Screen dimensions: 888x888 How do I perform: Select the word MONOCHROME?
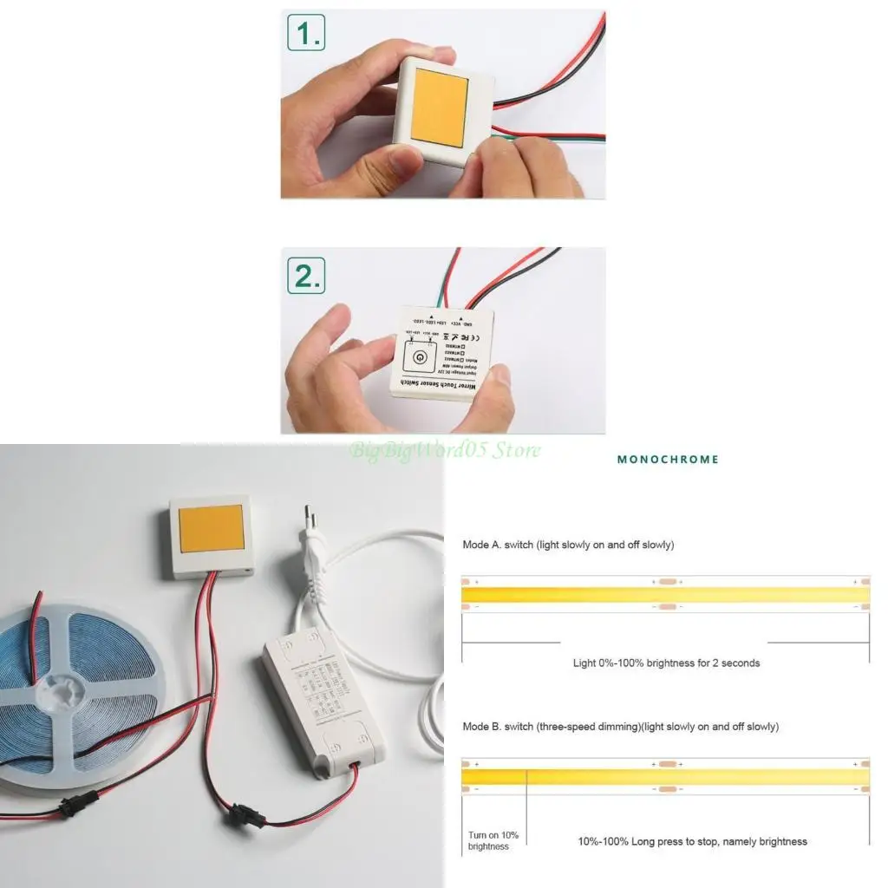(668, 460)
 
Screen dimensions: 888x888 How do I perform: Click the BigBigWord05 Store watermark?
(445, 450)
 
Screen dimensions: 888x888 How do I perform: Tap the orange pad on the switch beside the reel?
(211, 528)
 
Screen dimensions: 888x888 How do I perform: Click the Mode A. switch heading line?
(568, 545)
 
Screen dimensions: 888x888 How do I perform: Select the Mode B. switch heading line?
(620, 727)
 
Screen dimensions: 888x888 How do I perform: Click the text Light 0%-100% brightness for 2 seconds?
(666, 663)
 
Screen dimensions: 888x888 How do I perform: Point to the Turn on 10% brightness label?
(493, 840)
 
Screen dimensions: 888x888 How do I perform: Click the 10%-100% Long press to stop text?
(692, 841)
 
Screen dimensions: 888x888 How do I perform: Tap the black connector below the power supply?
(238, 815)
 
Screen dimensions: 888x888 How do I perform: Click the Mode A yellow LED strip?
(665, 594)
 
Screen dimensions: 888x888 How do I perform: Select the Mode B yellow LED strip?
(665, 775)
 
